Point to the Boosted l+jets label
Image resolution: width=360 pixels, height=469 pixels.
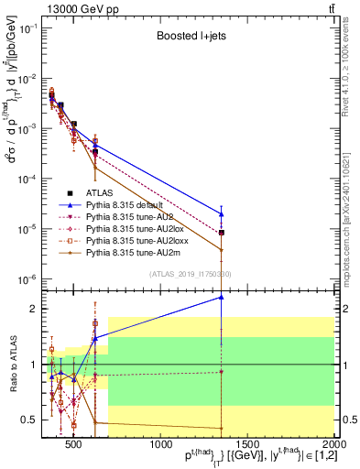click(x=188, y=37)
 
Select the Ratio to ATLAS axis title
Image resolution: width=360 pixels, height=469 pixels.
click(x=12, y=364)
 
